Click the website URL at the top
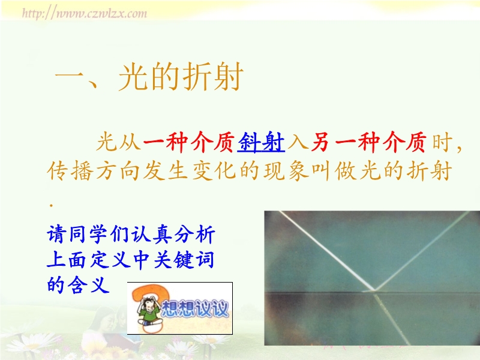pyautogui.click(x=85, y=13)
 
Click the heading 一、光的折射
pyautogui.click(x=149, y=77)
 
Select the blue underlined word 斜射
pyautogui.click(x=261, y=142)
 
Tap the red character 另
pyautogui.click(x=320, y=142)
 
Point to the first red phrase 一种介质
pyautogui.click(x=188, y=142)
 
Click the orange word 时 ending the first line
pyautogui.click(x=442, y=142)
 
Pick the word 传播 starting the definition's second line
pyautogui.click(x=70, y=171)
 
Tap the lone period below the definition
pyautogui.click(x=51, y=205)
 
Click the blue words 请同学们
pyautogui.click(x=88, y=235)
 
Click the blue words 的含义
pyautogui.click(x=79, y=284)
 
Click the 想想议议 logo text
pyautogui.click(x=194, y=308)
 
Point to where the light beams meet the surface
pyautogui.click(x=374, y=290)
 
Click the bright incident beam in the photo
pyautogui.click(x=326, y=250)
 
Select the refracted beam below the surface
pyautogui.click(x=392, y=318)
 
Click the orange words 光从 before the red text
pyautogui.click(x=118, y=142)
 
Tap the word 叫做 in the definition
pyautogui.click(x=334, y=171)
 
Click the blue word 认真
pyautogui.click(x=152, y=235)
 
